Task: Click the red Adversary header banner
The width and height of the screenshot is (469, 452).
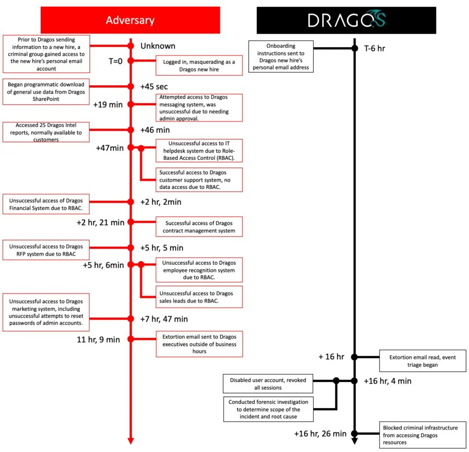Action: click(x=130, y=20)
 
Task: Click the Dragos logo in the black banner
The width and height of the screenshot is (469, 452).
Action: click(x=346, y=20)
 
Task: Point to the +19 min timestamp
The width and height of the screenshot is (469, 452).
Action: click(x=108, y=105)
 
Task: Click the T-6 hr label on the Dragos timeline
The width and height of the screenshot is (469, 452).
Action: click(x=374, y=48)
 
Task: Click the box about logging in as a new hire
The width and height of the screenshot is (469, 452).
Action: click(x=199, y=66)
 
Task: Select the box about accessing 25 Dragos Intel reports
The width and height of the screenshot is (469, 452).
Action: click(x=46, y=132)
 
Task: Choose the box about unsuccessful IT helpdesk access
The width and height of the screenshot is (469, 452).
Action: click(x=199, y=150)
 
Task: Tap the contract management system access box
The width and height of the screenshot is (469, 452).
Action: click(x=199, y=226)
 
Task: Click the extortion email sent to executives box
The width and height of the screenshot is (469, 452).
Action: click(x=199, y=344)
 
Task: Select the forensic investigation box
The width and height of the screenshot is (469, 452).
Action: click(x=268, y=409)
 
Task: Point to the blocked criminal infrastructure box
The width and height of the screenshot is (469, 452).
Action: click(x=422, y=435)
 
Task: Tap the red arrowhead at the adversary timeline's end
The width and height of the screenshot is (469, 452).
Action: click(x=131, y=441)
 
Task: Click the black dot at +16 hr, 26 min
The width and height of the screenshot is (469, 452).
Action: click(x=354, y=433)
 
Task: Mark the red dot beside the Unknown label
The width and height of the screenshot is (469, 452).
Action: click(x=131, y=46)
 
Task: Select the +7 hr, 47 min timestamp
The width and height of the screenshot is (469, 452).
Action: click(x=164, y=319)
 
